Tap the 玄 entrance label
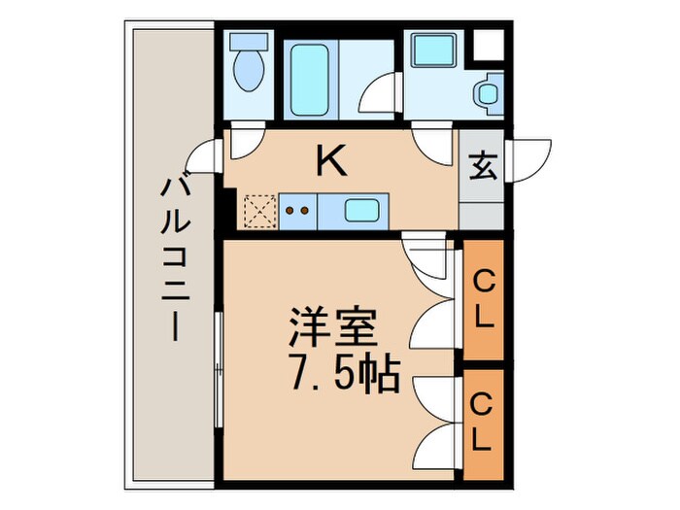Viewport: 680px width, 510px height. click(483, 167)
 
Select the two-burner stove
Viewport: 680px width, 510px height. click(299, 208)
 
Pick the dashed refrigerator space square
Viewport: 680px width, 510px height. click(259, 209)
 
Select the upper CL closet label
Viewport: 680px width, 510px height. click(483, 297)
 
